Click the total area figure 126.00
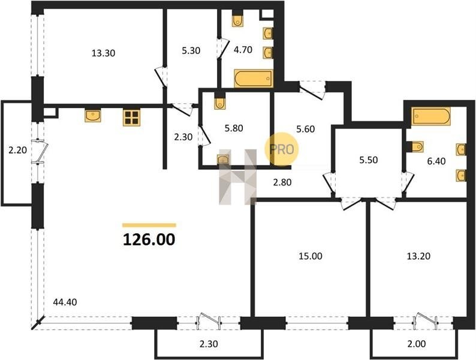(x=149, y=239)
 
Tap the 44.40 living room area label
(x=65, y=302)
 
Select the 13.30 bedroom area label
(x=104, y=53)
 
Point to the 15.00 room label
(x=311, y=256)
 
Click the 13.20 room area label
(x=418, y=256)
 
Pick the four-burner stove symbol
(x=131, y=118)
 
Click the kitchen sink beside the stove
(x=93, y=115)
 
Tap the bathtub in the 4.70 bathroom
(x=254, y=79)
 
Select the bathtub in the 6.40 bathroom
(x=431, y=116)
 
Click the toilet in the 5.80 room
(x=220, y=102)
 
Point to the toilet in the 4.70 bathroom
(x=237, y=19)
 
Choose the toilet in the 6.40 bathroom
(x=415, y=147)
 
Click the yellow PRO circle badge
(x=281, y=149)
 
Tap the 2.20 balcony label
(x=17, y=150)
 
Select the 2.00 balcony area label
(x=417, y=344)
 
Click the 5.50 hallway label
(x=369, y=160)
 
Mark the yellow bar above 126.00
(x=149, y=225)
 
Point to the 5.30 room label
(x=191, y=50)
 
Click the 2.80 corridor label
(x=282, y=182)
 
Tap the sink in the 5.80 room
(x=223, y=159)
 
